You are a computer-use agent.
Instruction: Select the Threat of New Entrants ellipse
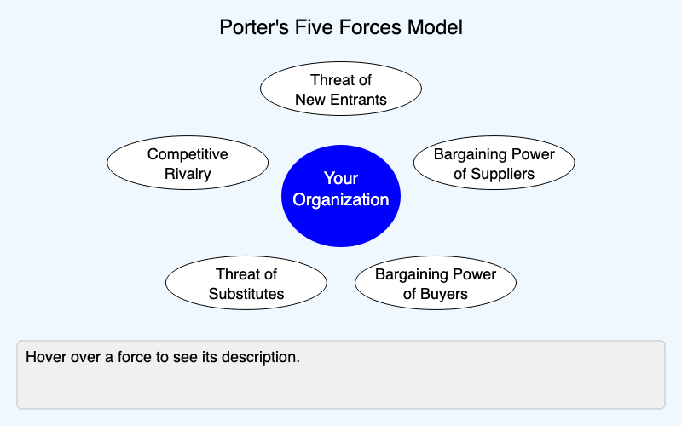[341, 89]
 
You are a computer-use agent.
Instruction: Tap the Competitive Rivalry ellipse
[188, 164]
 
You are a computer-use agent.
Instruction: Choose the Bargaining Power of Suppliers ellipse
[494, 164]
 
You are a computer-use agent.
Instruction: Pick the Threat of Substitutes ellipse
[246, 284]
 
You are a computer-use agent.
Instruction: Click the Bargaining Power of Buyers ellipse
[436, 284]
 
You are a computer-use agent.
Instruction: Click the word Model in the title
[438, 27]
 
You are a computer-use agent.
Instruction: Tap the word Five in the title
[309, 27]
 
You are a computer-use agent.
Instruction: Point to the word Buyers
[444, 295]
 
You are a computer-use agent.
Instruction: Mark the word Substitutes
[246, 295]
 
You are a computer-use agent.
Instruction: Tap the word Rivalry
[188, 175]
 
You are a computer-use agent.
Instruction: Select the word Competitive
[188, 154]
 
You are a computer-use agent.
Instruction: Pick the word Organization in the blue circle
[341, 200]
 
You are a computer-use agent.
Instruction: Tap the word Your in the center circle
[341, 178]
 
